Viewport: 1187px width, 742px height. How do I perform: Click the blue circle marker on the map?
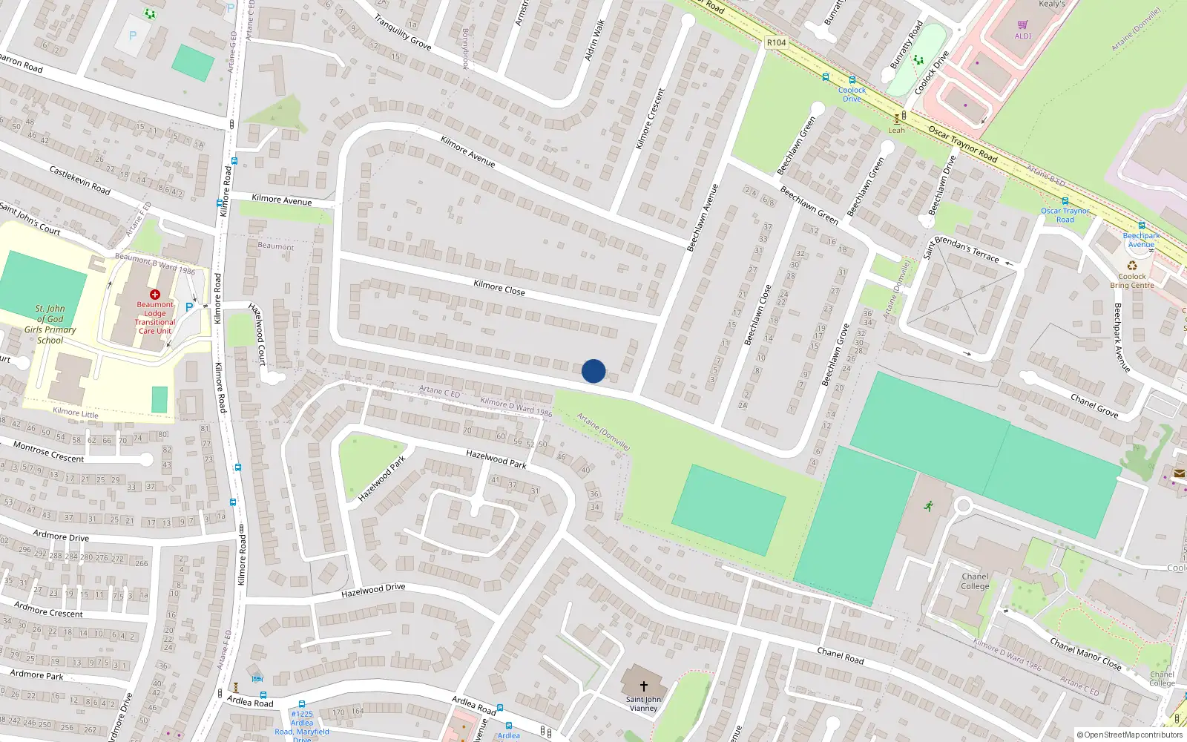[593, 371]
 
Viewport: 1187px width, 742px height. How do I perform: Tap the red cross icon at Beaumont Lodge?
[155, 295]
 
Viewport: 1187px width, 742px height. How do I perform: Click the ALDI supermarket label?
[1023, 36]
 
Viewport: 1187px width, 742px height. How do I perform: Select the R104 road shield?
[776, 42]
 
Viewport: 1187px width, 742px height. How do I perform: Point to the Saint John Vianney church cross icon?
[643, 686]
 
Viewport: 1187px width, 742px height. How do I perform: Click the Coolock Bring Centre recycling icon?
[1132, 266]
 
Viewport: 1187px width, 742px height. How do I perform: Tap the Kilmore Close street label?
[499, 288]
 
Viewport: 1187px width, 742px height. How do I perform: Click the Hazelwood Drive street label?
[373, 591]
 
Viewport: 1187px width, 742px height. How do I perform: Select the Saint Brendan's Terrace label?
[961, 249]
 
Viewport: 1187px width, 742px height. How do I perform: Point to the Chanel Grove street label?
[1094, 406]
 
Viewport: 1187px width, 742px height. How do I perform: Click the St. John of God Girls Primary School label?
[50, 324]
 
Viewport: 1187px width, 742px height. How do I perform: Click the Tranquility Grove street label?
[402, 33]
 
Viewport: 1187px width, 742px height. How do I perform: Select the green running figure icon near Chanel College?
[927, 506]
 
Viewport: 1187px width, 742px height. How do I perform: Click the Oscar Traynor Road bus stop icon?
[1065, 201]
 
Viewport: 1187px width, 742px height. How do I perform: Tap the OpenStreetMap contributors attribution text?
[1130, 735]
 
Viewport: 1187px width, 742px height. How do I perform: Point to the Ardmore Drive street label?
[61, 536]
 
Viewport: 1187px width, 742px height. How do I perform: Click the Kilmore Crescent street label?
[651, 119]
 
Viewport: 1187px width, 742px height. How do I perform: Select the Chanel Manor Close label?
[1085, 654]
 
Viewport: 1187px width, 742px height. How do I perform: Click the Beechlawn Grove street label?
[835, 355]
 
